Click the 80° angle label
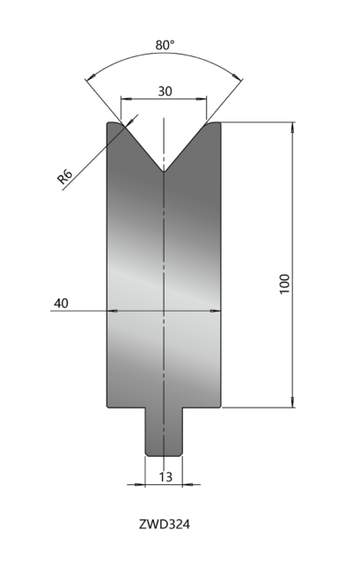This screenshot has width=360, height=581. click(x=165, y=45)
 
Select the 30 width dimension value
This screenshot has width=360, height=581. click(x=165, y=92)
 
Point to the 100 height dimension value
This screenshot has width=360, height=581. click(x=284, y=283)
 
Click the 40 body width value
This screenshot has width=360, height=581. click(x=61, y=304)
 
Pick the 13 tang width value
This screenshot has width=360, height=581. click(x=165, y=477)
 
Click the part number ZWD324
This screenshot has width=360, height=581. click(x=165, y=525)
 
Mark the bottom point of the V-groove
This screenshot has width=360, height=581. click(x=164, y=172)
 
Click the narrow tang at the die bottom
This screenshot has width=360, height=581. click(x=164, y=432)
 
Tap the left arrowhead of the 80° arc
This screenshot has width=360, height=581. click(x=90, y=77)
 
